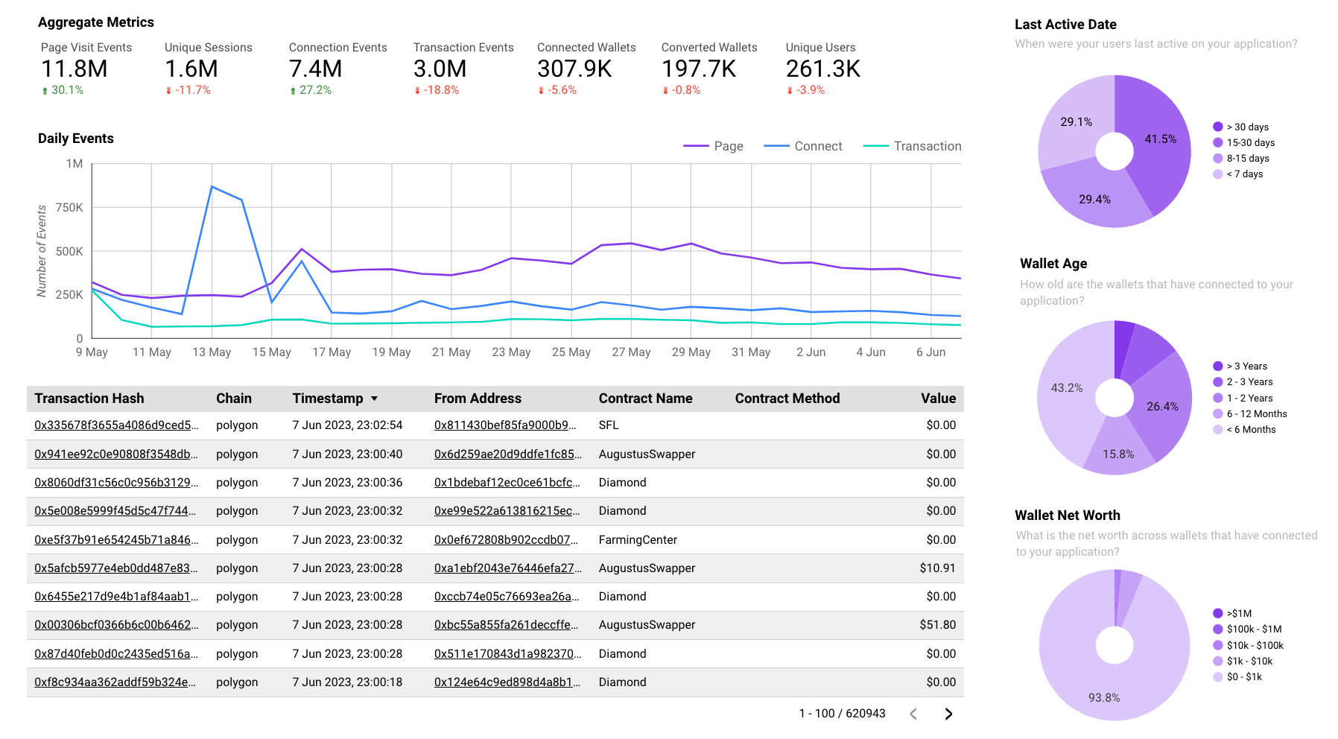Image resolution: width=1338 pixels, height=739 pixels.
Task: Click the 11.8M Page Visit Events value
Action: pos(74,69)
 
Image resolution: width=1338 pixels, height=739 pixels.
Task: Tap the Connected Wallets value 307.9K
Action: pos(574,69)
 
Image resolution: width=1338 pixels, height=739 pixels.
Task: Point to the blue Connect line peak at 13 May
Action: pos(212,187)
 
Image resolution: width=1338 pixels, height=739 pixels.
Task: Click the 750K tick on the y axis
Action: pos(69,207)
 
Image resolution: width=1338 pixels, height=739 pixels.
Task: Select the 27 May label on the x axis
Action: pos(631,352)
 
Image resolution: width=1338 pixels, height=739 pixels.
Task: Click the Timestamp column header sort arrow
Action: pos(374,399)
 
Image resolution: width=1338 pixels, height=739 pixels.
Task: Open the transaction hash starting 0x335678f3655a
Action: pos(116,425)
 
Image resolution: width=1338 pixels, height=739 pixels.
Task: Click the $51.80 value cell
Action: pos(937,625)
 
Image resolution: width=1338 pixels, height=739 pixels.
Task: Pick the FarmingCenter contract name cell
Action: pos(638,539)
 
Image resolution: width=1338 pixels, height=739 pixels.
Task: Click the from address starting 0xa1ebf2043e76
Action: pos(507,568)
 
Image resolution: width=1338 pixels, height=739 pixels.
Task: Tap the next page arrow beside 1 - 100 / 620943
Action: pos(948,714)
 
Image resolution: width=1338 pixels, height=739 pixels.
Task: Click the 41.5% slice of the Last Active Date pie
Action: pos(1160,139)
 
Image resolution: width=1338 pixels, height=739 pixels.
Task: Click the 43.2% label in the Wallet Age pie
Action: pos(1066,388)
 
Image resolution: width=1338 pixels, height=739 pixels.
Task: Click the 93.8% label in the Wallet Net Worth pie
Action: pos(1103,698)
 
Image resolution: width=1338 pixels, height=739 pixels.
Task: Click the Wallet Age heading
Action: pos(1053,264)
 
